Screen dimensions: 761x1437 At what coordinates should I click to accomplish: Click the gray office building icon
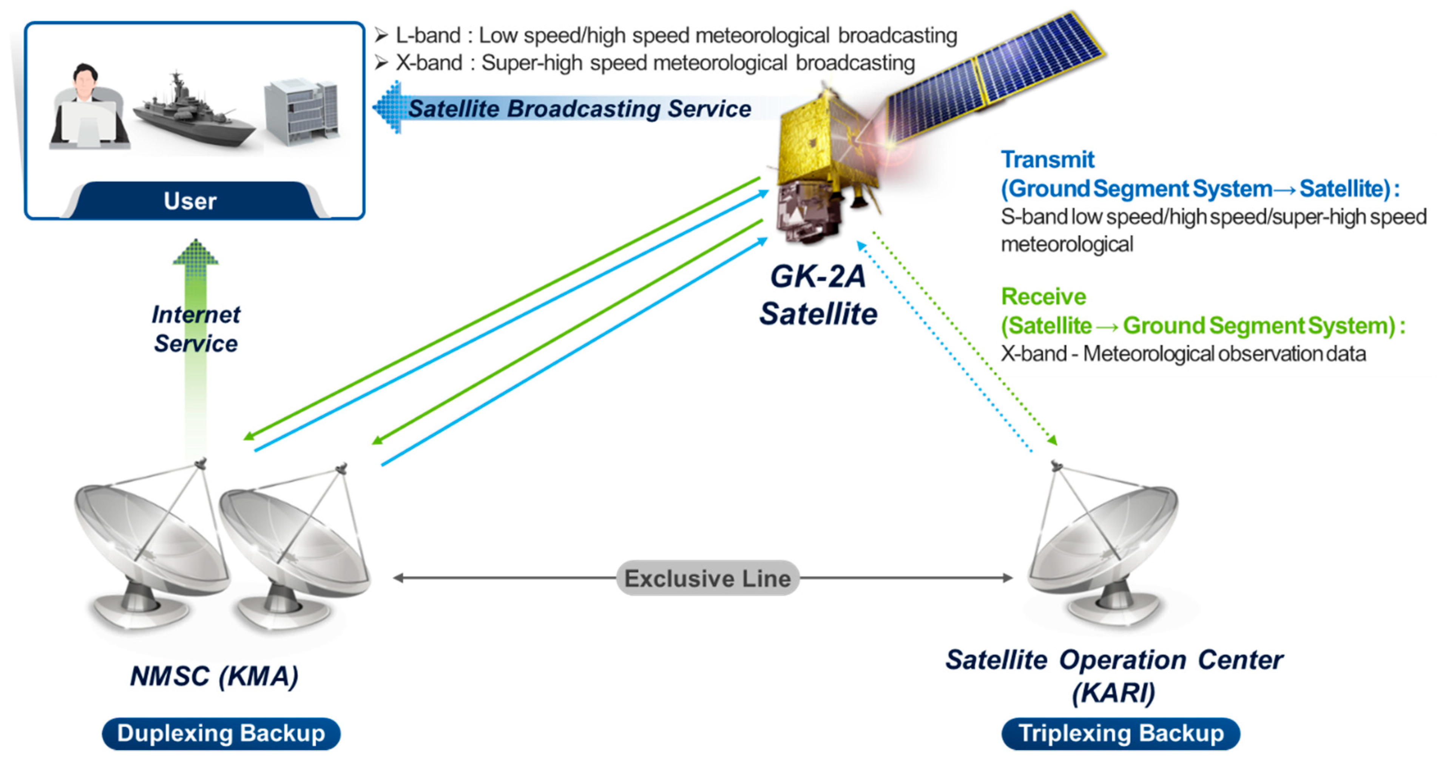[x=302, y=111]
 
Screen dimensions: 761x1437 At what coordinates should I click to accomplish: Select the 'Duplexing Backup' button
[x=221, y=733]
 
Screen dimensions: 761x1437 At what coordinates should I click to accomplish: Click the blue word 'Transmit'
[x=1047, y=159]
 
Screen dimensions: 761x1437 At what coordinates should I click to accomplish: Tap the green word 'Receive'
[x=1043, y=297]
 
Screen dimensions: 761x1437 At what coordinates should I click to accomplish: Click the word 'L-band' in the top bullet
[x=428, y=36]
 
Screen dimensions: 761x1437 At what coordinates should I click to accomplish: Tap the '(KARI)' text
[x=1113, y=693]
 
